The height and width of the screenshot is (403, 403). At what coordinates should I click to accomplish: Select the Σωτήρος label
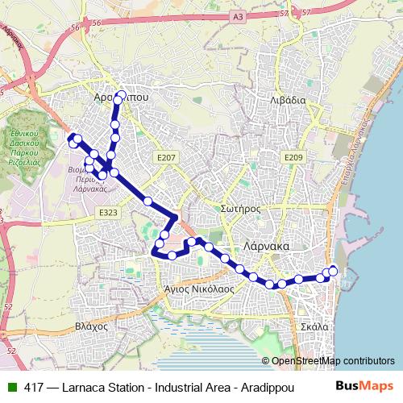239,208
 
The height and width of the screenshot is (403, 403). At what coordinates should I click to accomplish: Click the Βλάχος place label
91,326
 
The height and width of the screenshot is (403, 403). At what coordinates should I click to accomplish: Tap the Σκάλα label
314,326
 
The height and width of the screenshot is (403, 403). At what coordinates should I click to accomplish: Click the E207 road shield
167,159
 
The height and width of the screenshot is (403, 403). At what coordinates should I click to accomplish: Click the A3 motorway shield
236,15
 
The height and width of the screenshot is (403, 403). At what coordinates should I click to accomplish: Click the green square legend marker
12,387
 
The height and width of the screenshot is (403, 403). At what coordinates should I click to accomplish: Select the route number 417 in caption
35,387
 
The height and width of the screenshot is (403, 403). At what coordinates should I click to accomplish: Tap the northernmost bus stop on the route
120,96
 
